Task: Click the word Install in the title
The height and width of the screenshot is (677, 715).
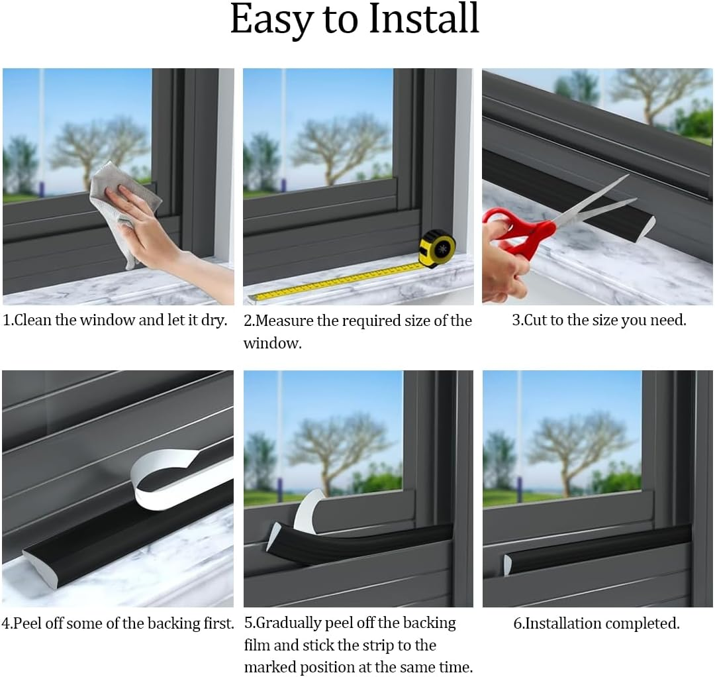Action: tap(424, 20)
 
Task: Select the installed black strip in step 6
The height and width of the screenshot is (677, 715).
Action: tap(596, 547)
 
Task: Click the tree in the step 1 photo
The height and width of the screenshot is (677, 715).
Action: tap(99, 146)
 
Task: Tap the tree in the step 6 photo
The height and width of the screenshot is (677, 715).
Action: tap(576, 444)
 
